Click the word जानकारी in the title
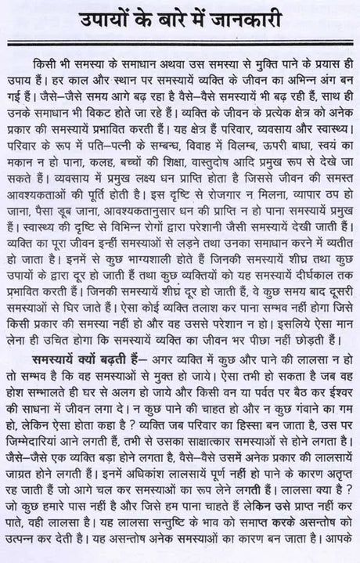[x=264, y=18]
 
